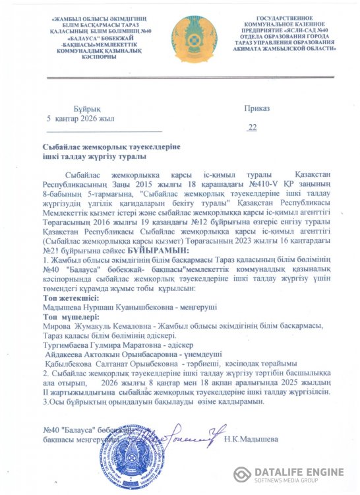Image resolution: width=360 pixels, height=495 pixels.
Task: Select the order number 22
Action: (x=253, y=127)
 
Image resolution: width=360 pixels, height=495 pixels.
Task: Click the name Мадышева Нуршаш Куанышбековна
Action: (x=98, y=307)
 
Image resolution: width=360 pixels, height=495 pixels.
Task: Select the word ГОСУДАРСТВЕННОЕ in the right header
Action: (x=290, y=22)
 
